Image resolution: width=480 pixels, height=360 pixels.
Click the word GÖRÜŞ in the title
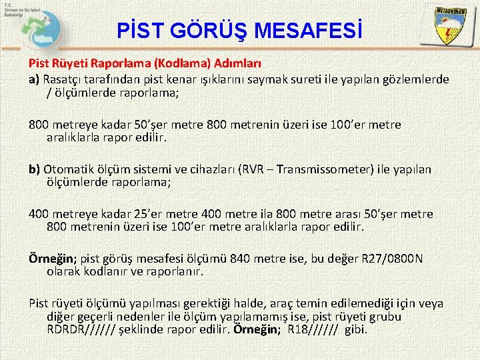coord(201,31)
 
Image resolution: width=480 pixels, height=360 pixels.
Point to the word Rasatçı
coord(64,79)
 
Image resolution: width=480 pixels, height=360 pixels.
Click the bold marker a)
coord(35,79)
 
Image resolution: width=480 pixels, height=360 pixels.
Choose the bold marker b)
coord(35,169)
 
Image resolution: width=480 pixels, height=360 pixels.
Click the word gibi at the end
coord(356,330)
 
